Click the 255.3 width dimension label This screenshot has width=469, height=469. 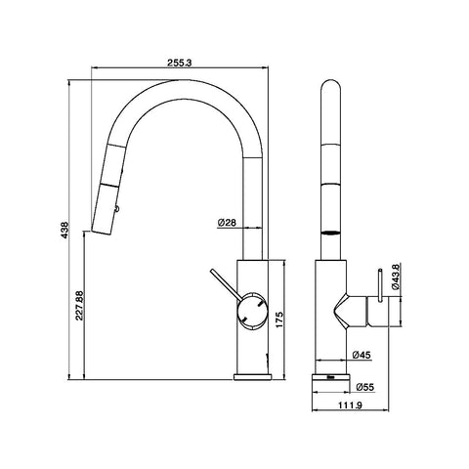(x=180, y=63)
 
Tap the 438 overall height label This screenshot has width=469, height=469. (x=64, y=230)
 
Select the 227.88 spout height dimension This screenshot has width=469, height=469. (x=79, y=306)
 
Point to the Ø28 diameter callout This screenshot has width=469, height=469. (x=227, y=223)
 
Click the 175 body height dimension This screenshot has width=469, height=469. (x=279, y=320)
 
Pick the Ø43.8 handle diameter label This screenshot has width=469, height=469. (x=396, y=277)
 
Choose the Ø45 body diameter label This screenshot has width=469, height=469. (x=362, y=355)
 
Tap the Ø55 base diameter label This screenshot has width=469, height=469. (x=365, y=387)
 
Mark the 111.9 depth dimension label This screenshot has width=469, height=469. (x=350, y=405)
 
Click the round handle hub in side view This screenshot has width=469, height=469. (x=253, y=311)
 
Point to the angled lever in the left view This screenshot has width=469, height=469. (x=226, y=283)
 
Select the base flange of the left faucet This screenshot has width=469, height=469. (x=252, y=377)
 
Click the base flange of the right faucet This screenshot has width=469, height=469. (x=331, y=377)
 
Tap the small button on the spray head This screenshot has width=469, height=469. (x=116, y=207)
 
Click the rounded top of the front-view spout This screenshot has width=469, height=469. (x=330, y=85)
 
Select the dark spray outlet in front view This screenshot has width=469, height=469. (x=330, y=234)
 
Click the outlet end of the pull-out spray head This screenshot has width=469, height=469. (x=102, y=233)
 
